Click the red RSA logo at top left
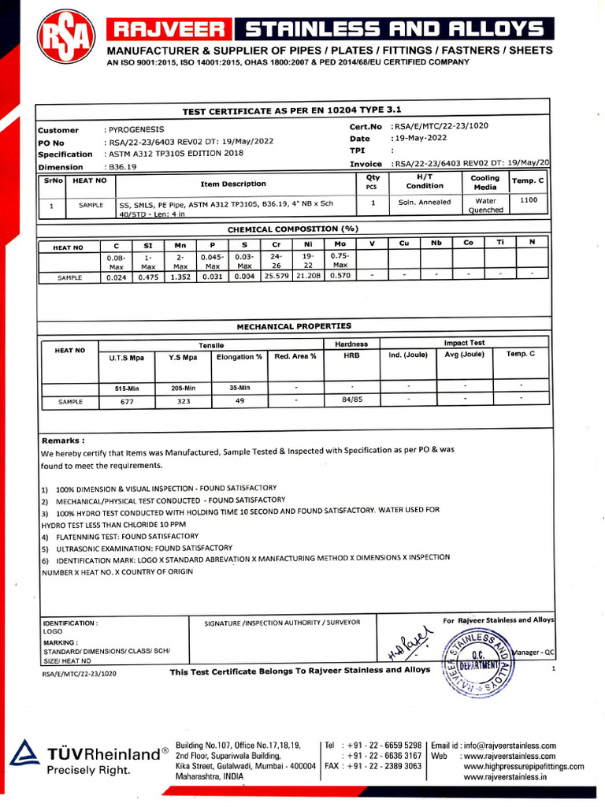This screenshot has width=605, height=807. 64,36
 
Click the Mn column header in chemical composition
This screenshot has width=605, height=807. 180,244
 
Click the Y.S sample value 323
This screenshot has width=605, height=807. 184,401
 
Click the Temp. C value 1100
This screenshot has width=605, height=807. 529,200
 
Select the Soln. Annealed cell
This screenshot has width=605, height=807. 425,202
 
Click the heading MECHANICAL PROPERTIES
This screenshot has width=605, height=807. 294,325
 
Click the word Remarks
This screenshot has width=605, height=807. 63,441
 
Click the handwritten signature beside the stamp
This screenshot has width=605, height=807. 406,645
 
